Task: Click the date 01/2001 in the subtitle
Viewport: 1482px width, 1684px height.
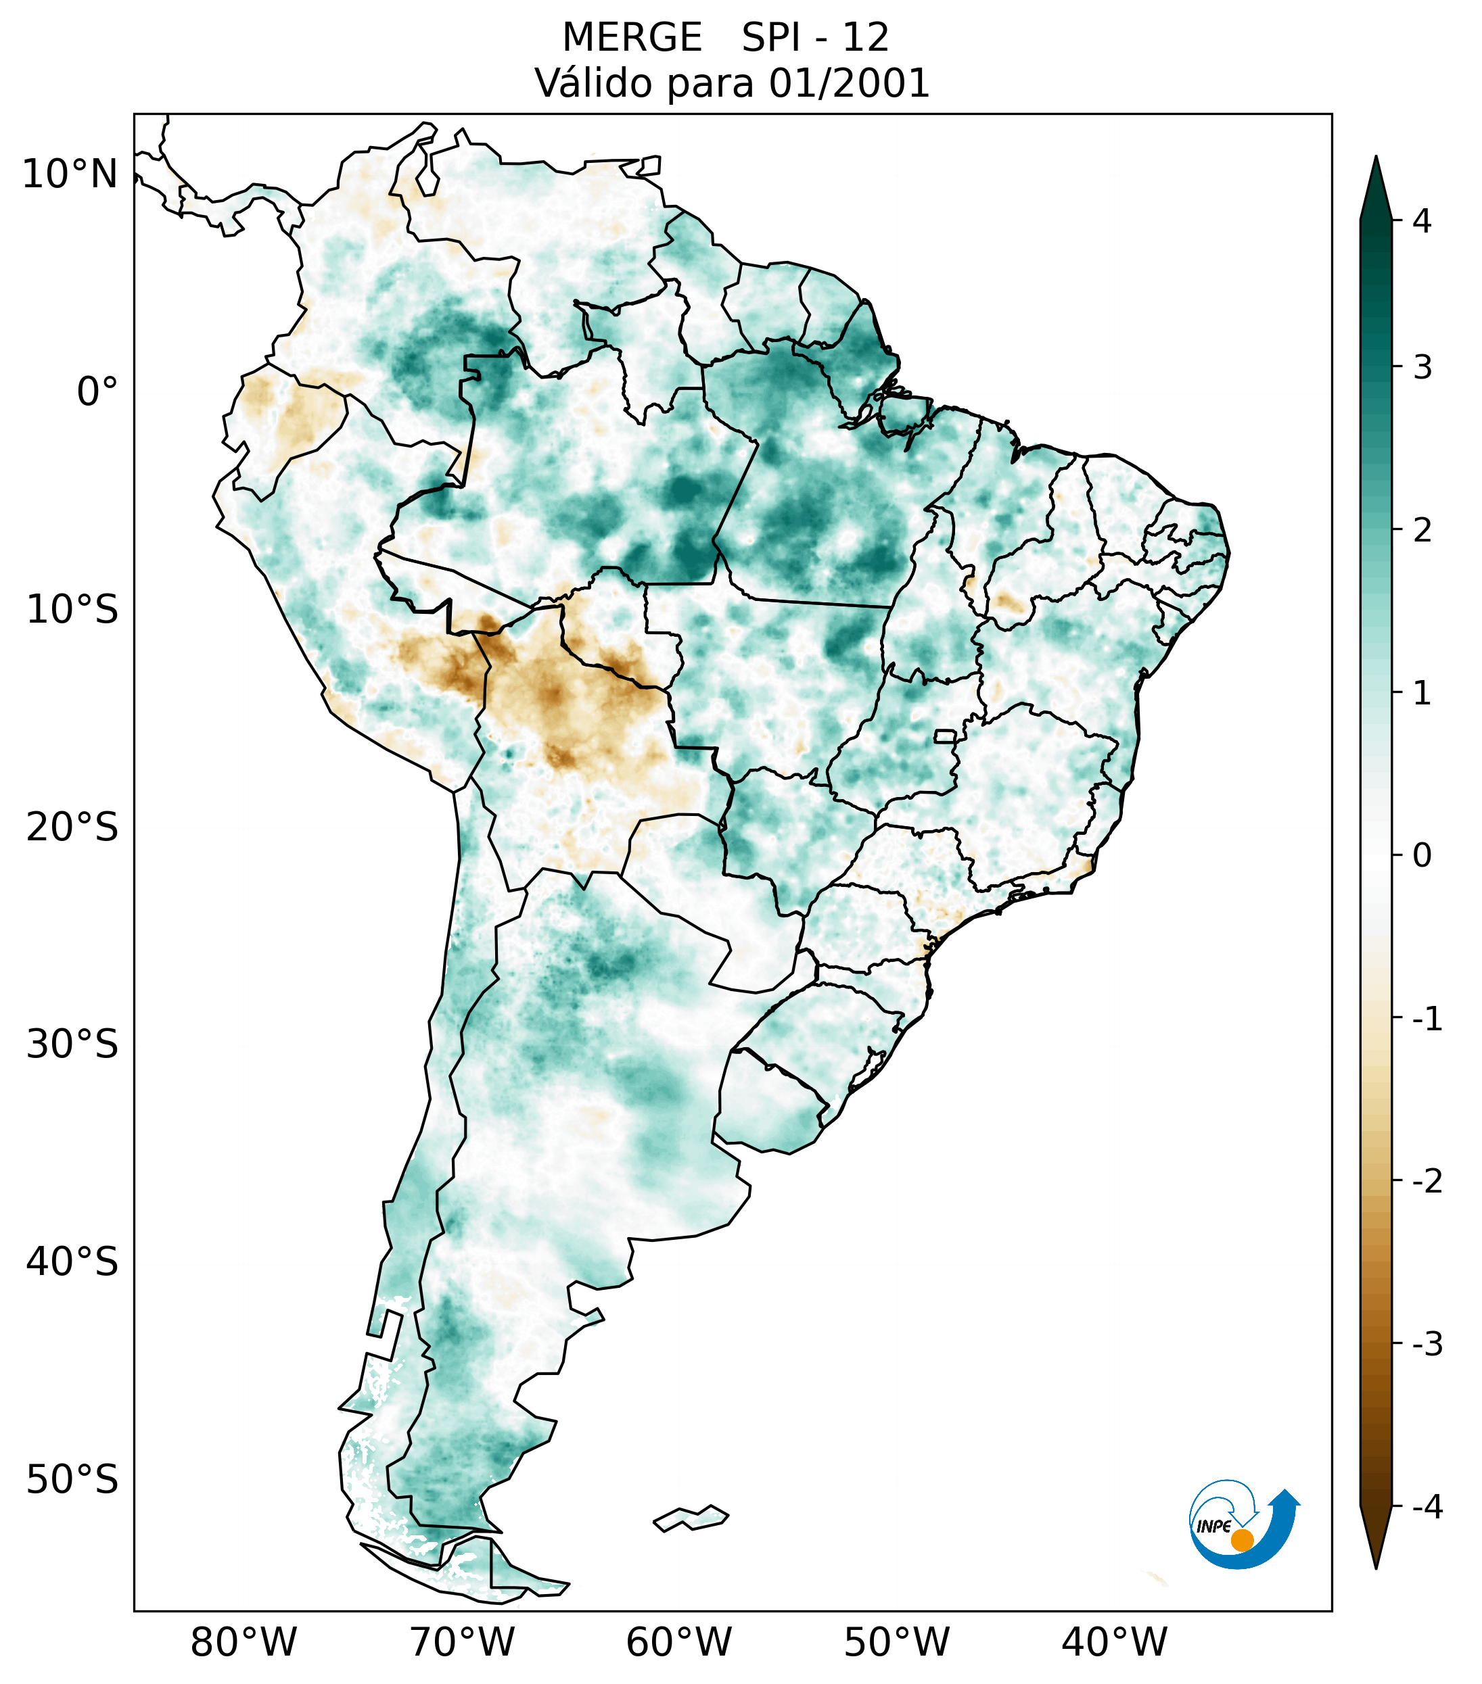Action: tap(849, 83)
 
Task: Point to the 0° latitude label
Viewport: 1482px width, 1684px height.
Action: tap(97, 391)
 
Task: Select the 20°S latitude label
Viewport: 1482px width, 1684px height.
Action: tap(72, 827)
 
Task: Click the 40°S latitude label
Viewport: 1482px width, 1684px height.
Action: tap(72, 1261)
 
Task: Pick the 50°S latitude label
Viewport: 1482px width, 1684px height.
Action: tap(72, 1480)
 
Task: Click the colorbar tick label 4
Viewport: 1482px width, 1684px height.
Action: tap(1422, 221)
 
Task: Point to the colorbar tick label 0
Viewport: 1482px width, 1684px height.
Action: tap(1422, 856)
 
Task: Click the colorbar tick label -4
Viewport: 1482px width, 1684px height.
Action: tap(1427, 1507)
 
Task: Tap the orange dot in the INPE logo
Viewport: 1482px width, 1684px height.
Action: tap(1241, 1540)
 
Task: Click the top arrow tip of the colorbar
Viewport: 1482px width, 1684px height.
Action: tap(1376, 162)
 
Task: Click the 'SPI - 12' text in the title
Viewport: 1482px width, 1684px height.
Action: tap(815, 38)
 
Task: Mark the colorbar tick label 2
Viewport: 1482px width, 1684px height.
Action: tap(1422, 531)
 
